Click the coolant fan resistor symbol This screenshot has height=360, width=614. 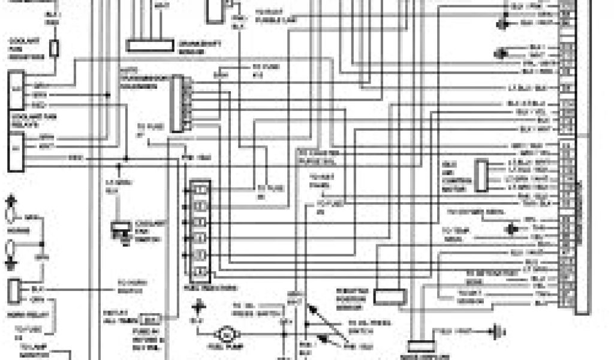pyautogui.click(x=55, y=48)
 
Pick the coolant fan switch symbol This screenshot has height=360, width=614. pyautogui.click(x=122, y=230)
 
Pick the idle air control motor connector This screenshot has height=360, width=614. pyautogui.click(x=481, y=175)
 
